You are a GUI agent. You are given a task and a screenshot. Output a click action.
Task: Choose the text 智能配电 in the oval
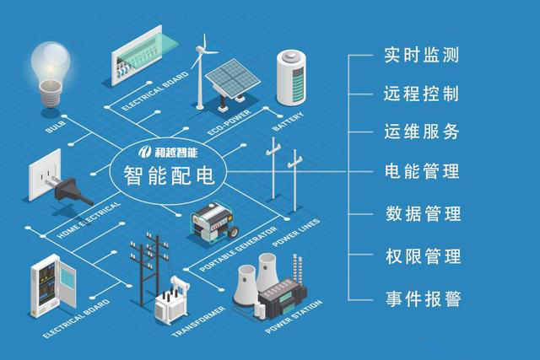[x=168, y=178]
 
